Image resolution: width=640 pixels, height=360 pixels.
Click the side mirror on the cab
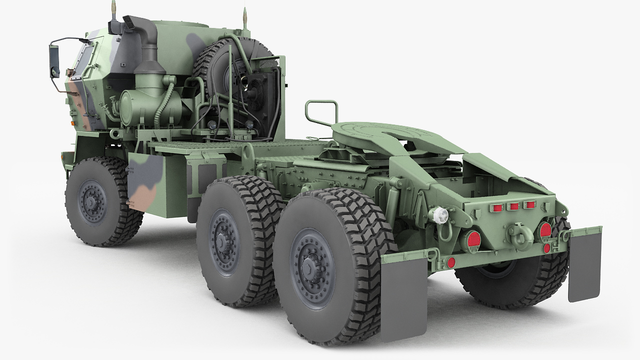click(54, 61)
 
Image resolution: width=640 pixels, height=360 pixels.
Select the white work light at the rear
click(439, 215)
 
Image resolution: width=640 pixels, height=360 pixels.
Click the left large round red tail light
click(470, 240)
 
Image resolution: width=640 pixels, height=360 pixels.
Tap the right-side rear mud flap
click(584, 265)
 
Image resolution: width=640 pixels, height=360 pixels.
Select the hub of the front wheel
click(92, 201)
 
